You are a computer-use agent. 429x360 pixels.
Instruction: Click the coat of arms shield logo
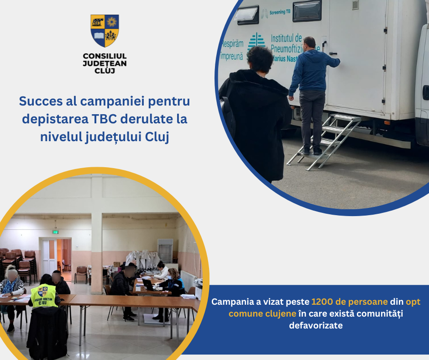pos(105,30)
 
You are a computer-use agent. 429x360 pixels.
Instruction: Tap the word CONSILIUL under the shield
pos(105,56)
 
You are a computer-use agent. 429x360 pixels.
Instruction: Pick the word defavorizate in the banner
pos(315,326)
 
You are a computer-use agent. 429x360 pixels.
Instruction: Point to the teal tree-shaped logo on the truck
pos(256,42)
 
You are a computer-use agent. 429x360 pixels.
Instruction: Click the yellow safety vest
pos(44,296)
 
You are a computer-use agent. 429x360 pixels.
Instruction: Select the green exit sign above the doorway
pos(55,232)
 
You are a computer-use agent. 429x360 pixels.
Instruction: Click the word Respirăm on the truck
pos(232,45)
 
